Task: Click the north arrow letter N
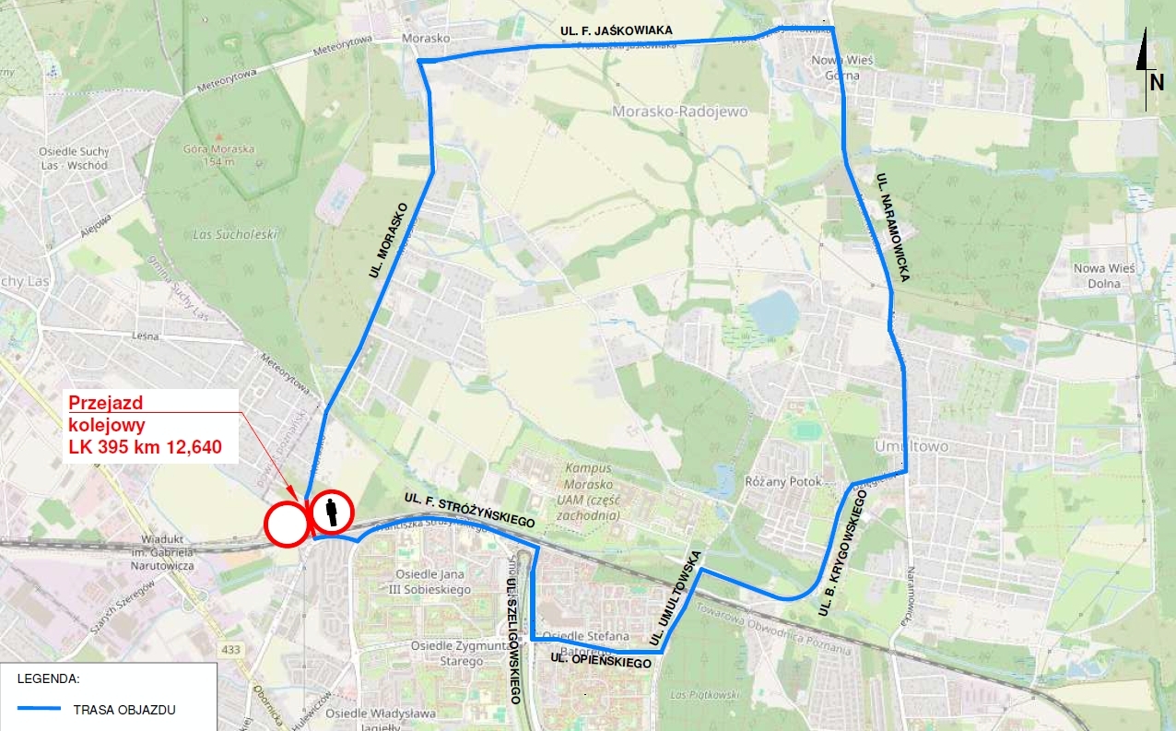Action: point(1156,82)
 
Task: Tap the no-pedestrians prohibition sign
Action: point(332,513)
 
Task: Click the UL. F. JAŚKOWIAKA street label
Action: point(617,31)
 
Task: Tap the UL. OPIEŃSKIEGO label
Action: point(600,661)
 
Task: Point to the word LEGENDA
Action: point(49,678)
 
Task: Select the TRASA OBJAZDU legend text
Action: point(124,710)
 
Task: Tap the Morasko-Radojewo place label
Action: point(680,112)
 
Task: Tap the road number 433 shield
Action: point(231,650)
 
